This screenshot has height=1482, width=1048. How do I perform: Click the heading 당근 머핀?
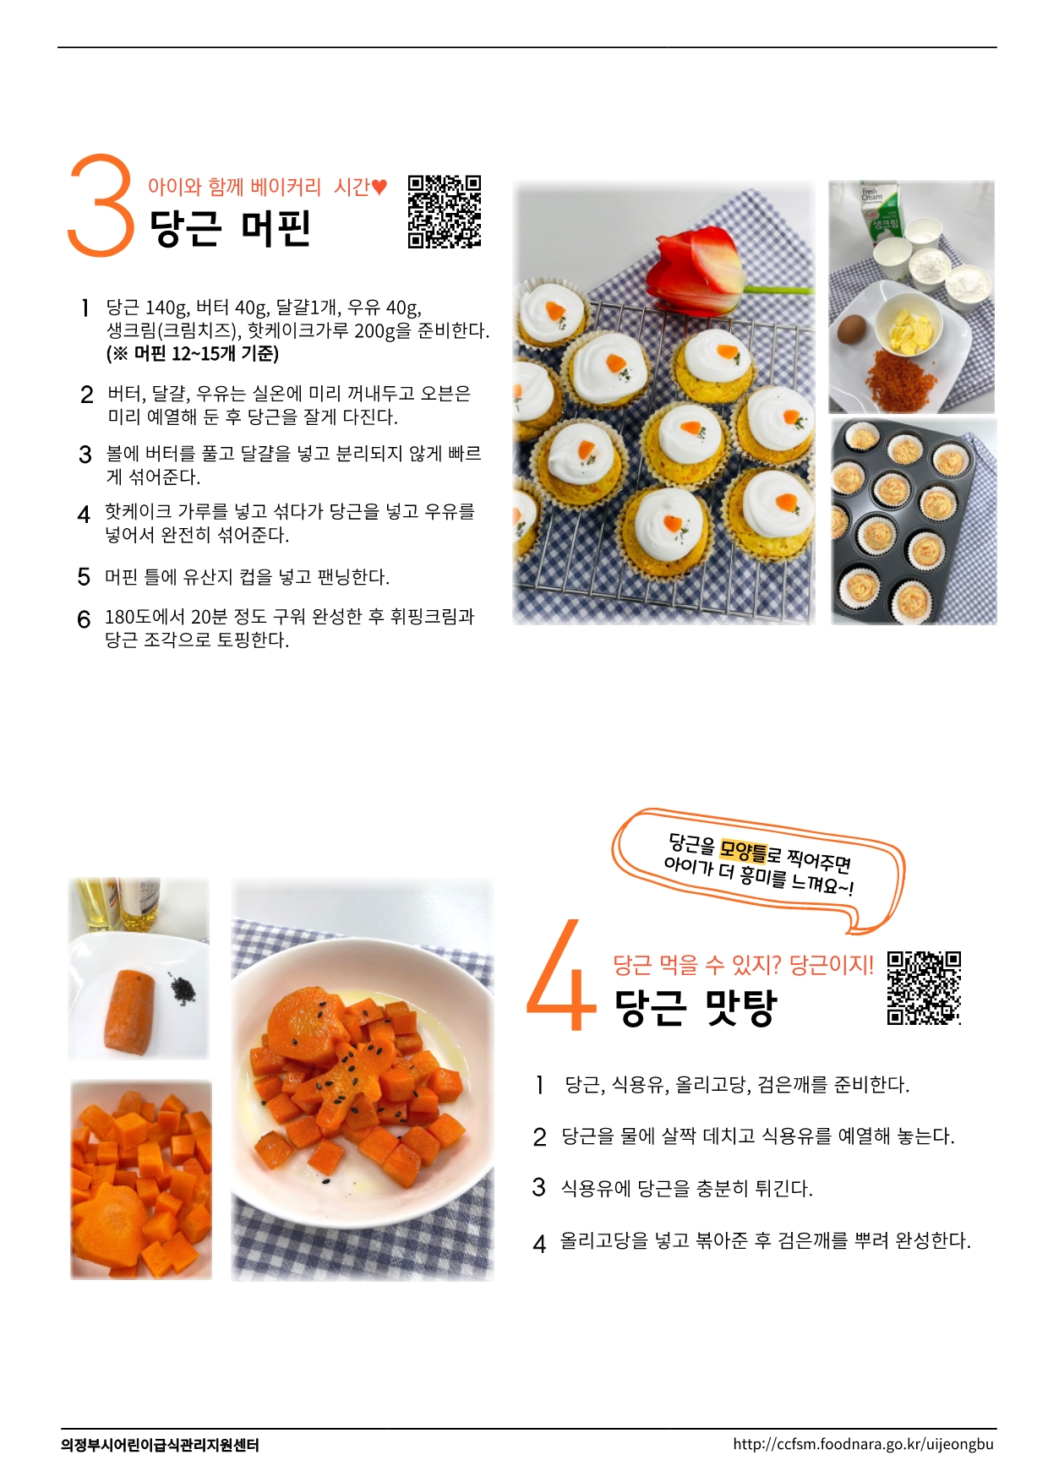(231, 228)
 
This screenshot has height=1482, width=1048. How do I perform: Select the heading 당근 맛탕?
(695, 1006)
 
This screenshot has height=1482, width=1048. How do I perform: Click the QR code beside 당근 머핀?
(445, 211)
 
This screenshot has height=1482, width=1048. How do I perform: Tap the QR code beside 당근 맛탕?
(924, 988)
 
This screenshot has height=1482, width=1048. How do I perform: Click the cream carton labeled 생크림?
(882, 211)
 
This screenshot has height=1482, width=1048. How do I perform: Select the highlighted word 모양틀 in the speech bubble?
(743, 850)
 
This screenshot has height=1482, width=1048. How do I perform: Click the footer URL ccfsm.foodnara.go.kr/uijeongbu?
(864, 1444)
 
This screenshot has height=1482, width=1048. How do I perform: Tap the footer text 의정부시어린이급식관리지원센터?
(160, 1445)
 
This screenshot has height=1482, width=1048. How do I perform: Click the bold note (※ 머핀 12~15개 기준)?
(193, 353)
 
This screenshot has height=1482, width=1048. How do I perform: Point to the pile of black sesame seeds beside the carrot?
(180, 988)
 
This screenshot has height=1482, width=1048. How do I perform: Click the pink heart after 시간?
(379, 187)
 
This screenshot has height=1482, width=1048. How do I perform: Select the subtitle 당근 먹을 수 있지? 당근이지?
(744, 964)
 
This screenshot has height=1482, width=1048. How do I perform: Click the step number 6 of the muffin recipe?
(84, 620)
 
